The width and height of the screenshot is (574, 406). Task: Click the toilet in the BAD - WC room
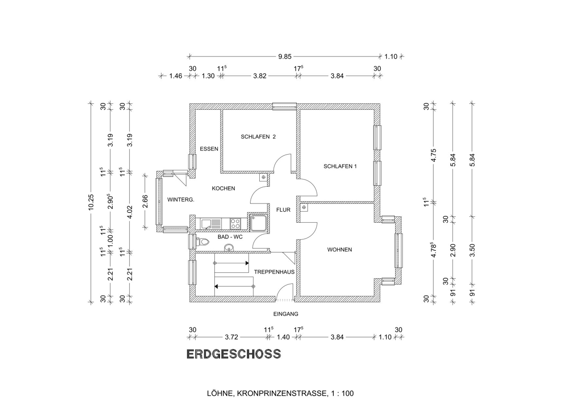tap(204, 242)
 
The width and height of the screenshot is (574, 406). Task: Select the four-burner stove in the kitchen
tap(235, 223)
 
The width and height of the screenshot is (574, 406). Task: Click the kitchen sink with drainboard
tap(210, 223)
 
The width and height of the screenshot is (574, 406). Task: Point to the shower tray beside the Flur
tap(257, 223)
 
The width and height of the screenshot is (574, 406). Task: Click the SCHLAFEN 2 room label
tap(258, 137)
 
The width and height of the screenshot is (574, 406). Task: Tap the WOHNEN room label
tap(340, 249)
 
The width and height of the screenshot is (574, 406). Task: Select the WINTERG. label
tap(180, 200)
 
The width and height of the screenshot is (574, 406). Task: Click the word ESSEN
tap(209, 149)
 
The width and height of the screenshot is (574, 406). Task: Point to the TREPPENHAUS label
tap(274, 271)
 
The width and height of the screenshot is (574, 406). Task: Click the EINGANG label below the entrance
tap(286, 314)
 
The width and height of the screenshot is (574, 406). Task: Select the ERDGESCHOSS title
tap(233, 354)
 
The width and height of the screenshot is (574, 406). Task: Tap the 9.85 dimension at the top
tap(285, 56)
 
